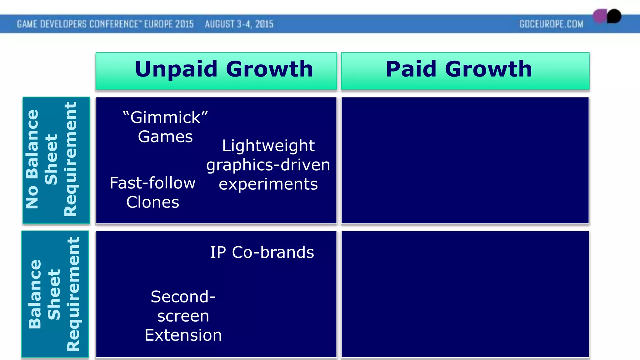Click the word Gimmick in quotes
(165, 117)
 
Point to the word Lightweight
(268, 146)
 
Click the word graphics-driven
(268, 165)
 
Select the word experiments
(268, 184)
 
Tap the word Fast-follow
(152, 183)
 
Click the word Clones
(152, 202)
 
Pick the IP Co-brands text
(262, 252)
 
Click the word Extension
(183, 335)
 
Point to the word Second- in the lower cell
(183, 297)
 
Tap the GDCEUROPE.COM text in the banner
(551, 24)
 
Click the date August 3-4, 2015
(239, 24)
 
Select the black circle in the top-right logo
(614, 16)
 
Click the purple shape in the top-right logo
(600, 16)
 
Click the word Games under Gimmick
(165, 137)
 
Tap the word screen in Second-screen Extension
(183, 316)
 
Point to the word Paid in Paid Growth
(411, 69)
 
